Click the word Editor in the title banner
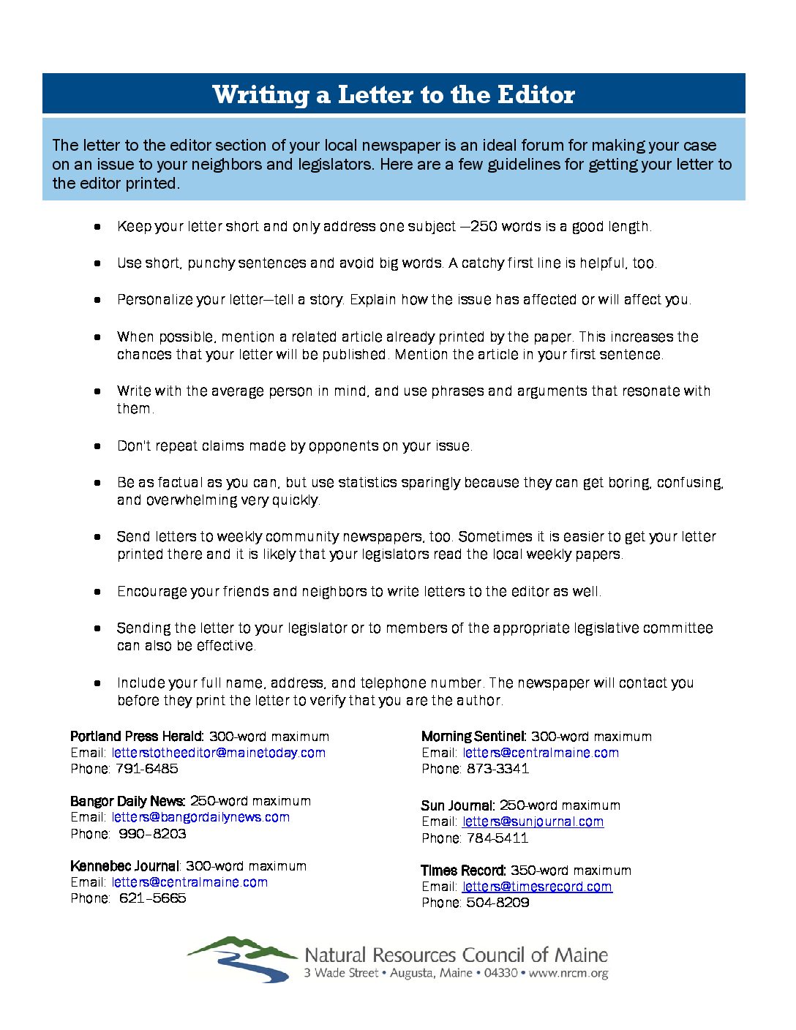click(536, 95)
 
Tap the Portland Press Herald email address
click(218, 753)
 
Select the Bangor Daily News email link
click(200, 817)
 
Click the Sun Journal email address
click(533, 822)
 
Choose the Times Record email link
click(537, 887)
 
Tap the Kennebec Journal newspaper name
click(124, 866)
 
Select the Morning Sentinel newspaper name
click(473, 737)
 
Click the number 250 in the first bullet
click(484, 227)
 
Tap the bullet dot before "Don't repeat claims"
click(97, 446)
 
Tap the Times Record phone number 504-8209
click(497, 903)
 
